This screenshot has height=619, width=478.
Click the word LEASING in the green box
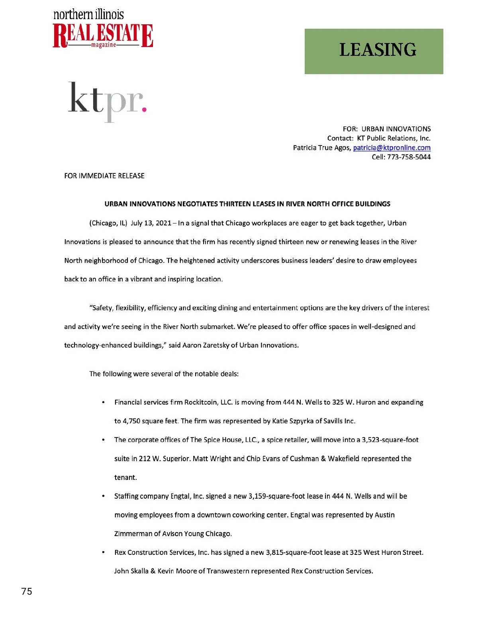[378, 50]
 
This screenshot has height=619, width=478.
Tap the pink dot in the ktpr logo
[144, 108]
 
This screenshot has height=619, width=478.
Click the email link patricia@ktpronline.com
[392, 148]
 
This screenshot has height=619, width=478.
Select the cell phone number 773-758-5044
[409, 157]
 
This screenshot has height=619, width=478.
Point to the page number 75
[27, 591]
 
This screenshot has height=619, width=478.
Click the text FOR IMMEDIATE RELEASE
[104, 176]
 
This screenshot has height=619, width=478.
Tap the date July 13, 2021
[151, 223]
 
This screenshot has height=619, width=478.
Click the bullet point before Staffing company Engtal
[104, 496]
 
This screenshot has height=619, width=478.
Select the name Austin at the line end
[384, 515]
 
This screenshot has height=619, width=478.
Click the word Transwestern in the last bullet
[228, 571]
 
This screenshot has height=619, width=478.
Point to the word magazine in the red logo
[104, 45]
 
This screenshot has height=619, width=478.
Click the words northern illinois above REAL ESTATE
[88, 15]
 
